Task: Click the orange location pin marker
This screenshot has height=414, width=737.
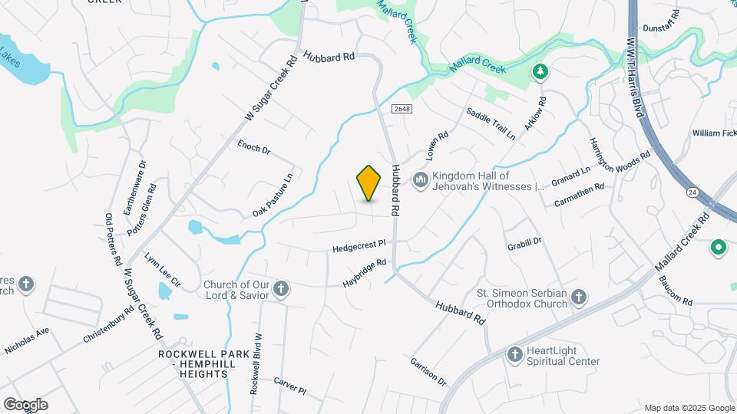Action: [x=369, y=183]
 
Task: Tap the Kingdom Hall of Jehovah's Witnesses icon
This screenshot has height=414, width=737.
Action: [x=420, y=180]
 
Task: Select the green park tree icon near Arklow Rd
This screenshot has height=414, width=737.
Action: [x=541, y=72]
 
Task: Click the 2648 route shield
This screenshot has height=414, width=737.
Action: [x=402, y=110]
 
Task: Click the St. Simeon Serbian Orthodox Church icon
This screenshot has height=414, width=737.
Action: [x=580, y=297]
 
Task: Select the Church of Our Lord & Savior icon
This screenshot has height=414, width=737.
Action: [x=281, y=290]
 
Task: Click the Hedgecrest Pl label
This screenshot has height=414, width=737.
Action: [x=359, y=246]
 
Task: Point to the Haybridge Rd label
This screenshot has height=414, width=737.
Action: [x=364, y=273]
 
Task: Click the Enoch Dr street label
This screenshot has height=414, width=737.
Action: [x=253, y=146]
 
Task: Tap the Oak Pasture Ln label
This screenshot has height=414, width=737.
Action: [x=273, y=195]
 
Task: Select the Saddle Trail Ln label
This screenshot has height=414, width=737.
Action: [x=491, y=123]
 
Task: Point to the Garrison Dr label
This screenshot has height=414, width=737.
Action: [x=428, y=370]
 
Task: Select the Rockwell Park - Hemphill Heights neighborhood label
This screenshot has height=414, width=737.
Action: [x=194, y=364]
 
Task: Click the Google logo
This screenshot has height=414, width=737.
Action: [x=25, y=404]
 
